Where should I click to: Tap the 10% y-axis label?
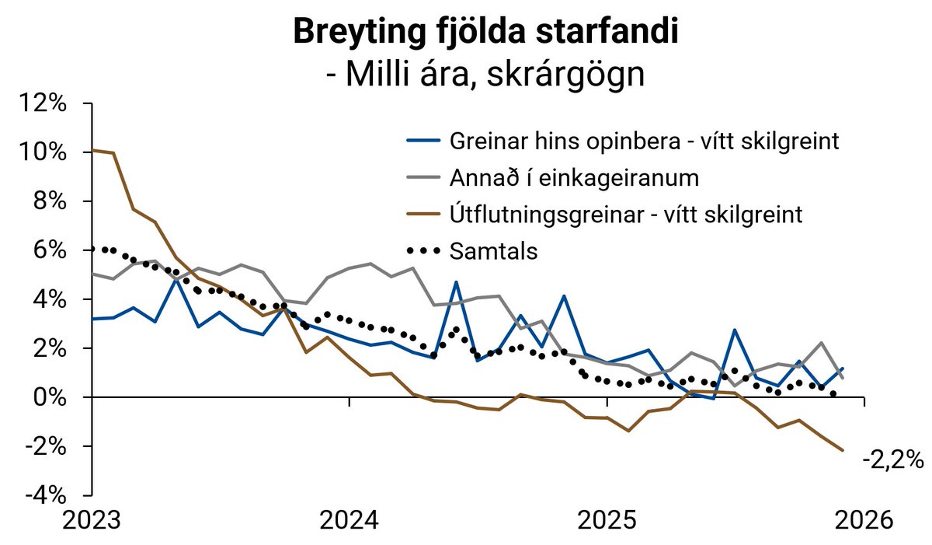(47, 152)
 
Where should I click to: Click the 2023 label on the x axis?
(92, 520)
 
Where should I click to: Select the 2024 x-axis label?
(349, 520)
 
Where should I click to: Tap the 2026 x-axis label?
(864, 520)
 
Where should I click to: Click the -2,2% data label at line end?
(892, 460)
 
